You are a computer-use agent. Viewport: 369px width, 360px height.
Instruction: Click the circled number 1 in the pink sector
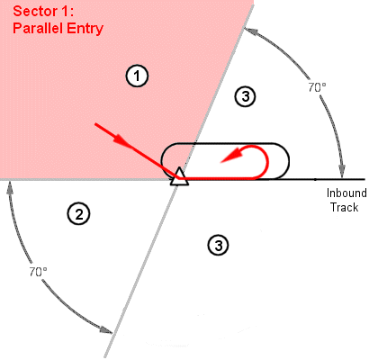coord(137,76)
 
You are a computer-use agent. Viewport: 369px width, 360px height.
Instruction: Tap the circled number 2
coord(78,214)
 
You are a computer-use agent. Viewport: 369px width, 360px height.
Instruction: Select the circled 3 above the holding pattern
coord(245,96)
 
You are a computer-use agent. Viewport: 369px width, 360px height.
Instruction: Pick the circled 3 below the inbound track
coord(219,246)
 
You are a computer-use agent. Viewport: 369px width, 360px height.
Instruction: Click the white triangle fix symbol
coord(179,176)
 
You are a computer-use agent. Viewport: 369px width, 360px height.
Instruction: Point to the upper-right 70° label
coord(317,87)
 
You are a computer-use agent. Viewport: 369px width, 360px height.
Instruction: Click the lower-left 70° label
coord(38,272)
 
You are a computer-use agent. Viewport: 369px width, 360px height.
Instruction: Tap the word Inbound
coord(346,193)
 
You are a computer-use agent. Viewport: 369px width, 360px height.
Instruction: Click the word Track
coord(345,207)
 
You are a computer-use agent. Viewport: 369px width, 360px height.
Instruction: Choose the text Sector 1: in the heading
coord(43,12)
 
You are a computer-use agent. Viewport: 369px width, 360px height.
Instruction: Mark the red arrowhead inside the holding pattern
coord(231,156)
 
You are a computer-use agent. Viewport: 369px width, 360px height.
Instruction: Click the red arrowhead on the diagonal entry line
coord(122,141)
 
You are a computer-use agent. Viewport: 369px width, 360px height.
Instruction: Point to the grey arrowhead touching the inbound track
coord(342,172)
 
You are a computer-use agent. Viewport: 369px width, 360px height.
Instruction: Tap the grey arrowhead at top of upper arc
coord(250,31)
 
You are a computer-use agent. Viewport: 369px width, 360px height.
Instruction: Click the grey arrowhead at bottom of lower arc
coord(106,329)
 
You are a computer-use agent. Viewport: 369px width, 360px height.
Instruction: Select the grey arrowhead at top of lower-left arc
coord(10,188)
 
